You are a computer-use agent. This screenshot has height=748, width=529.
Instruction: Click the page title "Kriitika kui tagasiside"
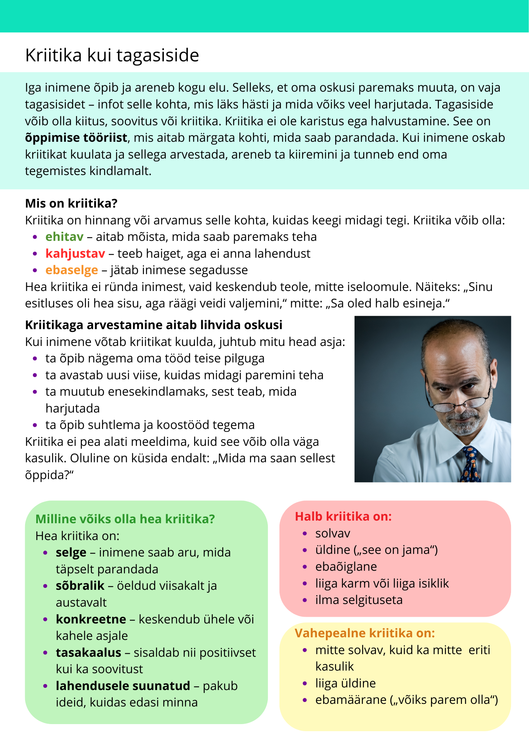pyautogui.click(x=112, y=55)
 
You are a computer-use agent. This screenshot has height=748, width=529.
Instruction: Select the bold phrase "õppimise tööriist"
pyautogui.click(x=76, y=138)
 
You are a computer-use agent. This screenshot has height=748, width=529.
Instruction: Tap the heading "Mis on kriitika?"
pyautogui.click(x=71, y=203)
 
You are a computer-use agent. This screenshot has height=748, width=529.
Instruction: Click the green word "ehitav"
pyautogui.click(x=64, y=237)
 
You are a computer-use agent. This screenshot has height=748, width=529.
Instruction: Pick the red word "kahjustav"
pyautogui.click(x=75, y=254)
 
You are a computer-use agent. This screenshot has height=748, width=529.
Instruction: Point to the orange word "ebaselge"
pyautogui.click(x=72, y=270)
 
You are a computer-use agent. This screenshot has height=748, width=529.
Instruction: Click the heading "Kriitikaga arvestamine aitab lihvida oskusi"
pyautogui.click(x=153, y=325)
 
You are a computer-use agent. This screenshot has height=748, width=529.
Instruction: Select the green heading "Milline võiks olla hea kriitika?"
pyautogui.click(x=125, y=519)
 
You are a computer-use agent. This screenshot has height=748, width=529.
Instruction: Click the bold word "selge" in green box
pyautogui.click(x=71, y=552)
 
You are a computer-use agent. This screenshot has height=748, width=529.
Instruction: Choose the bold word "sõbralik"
pyautogui.click(x=80, y=586)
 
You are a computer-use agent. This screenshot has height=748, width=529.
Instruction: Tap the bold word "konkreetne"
pyautogui.click(x=91, y=619)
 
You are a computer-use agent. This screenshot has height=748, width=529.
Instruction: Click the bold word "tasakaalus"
pyautogui.click(x=88, y=653)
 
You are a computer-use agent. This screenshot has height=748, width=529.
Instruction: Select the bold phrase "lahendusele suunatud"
pyautogui.click(x=123, y=686)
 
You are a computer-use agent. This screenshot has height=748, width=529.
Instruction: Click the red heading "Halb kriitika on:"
pyautogui.click(x=343, y=516)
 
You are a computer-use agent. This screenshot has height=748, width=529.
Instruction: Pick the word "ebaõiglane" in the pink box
pyautogui.click(x=346, y=567)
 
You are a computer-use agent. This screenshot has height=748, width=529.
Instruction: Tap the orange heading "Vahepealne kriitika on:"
pyautogui.click(x=365, y=633)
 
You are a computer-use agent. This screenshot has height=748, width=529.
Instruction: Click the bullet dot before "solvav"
pyautogui.click(x=305, y=534)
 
